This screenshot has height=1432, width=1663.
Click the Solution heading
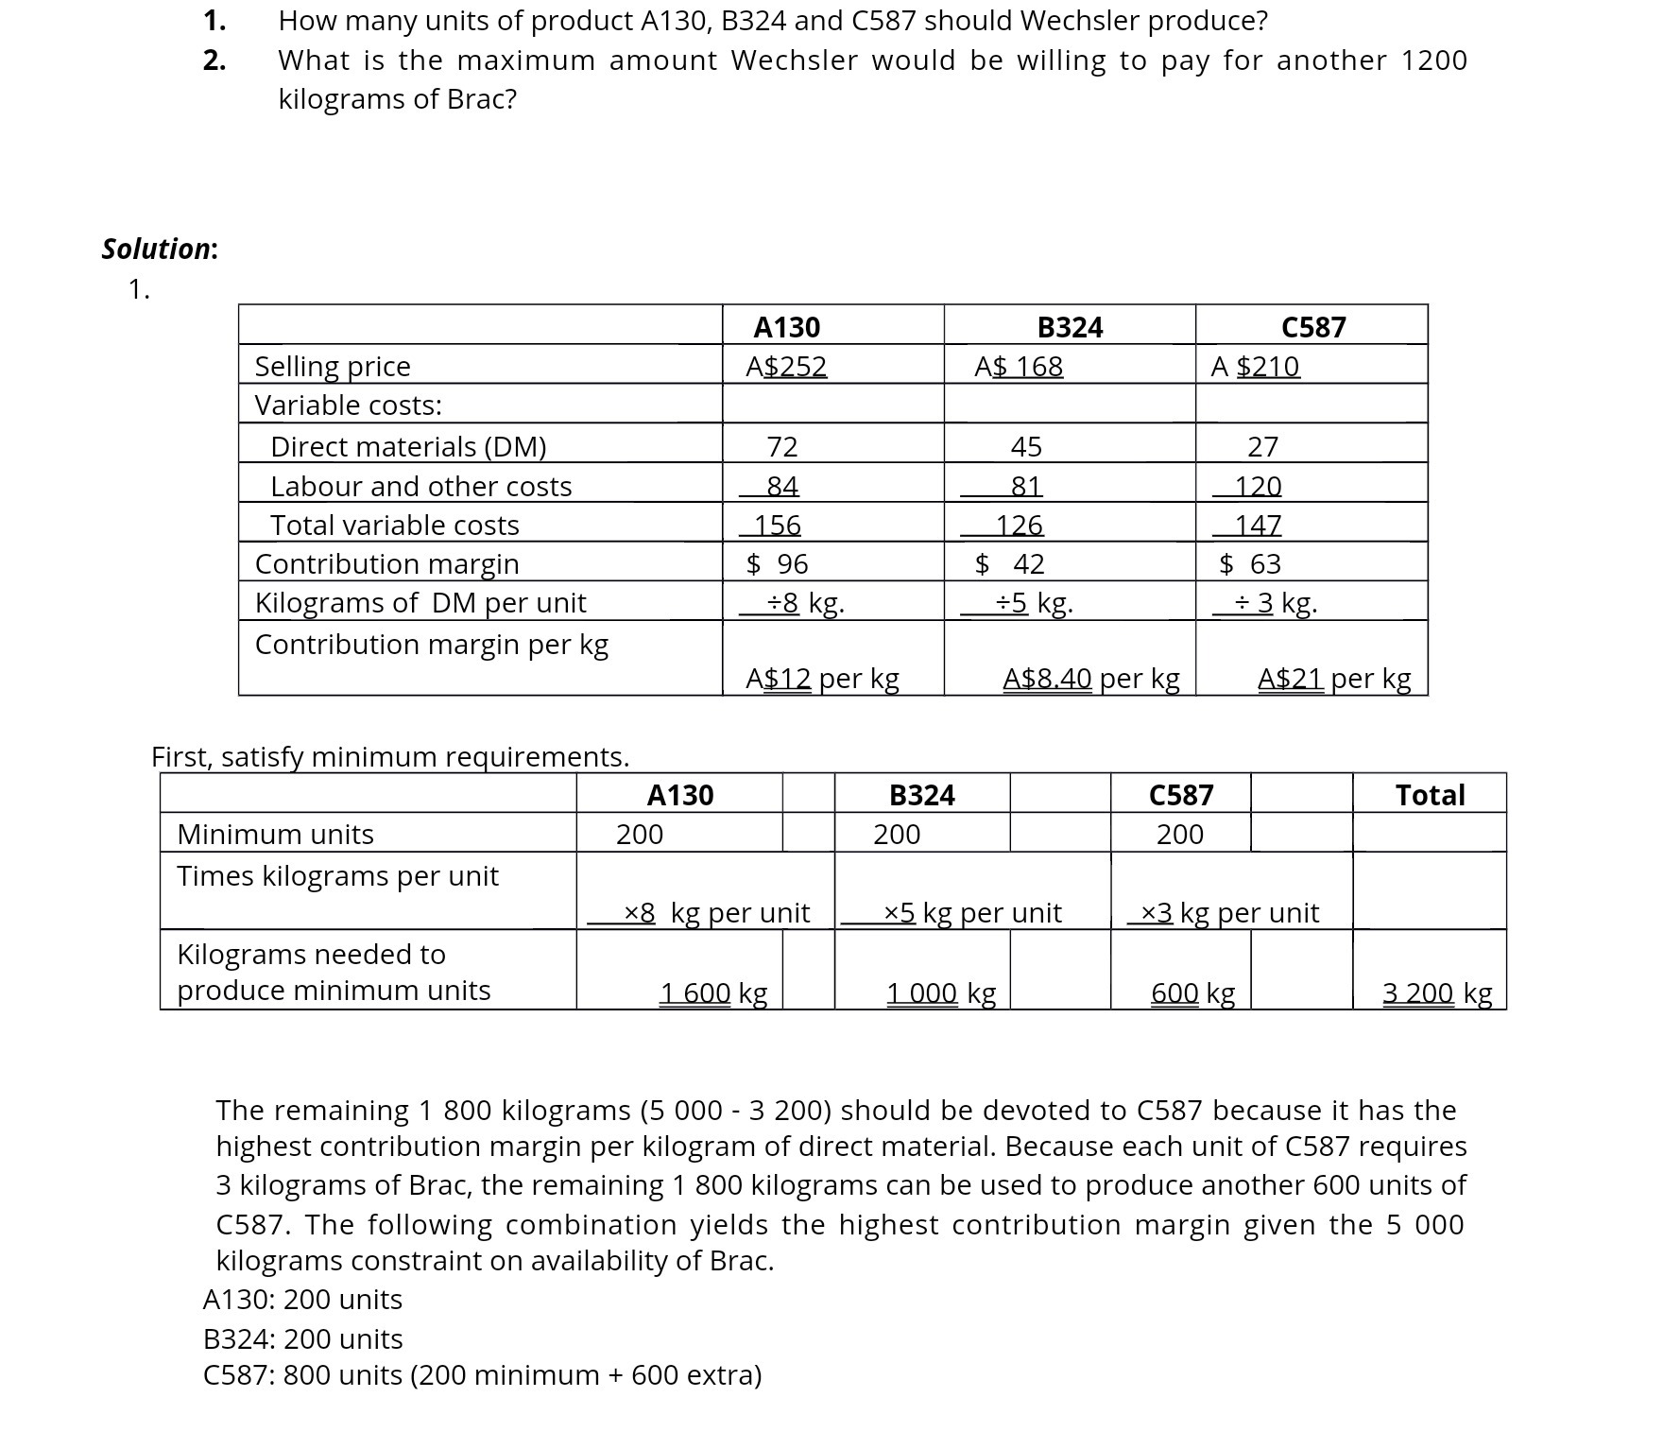coord(160,249)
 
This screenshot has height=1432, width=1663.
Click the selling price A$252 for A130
coord(786,366)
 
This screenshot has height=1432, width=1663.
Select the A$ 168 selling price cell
coord(1019,366)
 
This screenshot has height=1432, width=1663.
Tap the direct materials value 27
coord(1262,446)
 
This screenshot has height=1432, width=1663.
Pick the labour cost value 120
coord(1258,486)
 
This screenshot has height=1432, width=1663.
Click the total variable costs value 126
coord(1019,525)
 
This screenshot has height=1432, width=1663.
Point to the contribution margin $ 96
coord(778,564)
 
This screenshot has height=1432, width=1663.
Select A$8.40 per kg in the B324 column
coord(1090,678)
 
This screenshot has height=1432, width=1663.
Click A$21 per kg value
coord(1333,678)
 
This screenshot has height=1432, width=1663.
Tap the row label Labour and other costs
coord(420,486)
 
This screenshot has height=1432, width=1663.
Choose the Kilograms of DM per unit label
coord(420,602)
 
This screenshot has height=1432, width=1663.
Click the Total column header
coord(1430,795)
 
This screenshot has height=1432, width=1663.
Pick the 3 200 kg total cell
coord(1436,992)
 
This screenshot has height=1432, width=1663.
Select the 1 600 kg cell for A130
coord(712,992)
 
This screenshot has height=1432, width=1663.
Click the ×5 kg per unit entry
coord(971,912)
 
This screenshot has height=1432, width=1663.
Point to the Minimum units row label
coord(275,834)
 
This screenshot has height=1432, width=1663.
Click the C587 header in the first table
coord(1312,327)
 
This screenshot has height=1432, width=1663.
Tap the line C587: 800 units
coord(482,1374)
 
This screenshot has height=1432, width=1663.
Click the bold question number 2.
coord(214,60)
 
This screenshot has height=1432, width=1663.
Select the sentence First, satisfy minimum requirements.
coord(390,756)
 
